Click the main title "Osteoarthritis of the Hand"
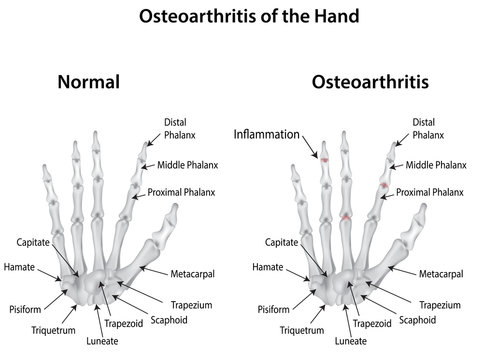tap(241, 17)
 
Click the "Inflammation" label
tap(266, 132)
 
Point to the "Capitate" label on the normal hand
tap(35, 243)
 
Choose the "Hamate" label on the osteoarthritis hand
tap(268, 267)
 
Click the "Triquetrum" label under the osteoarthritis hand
tap(301, 328)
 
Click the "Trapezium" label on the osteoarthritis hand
tap(439, 304)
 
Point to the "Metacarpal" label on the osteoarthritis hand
tap(440, 273)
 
